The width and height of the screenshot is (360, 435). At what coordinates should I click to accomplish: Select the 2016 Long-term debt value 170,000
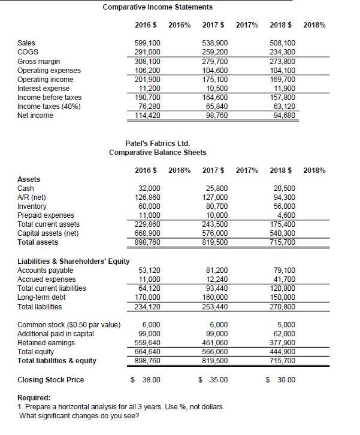147,297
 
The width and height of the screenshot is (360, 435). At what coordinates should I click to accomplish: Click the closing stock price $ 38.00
146,380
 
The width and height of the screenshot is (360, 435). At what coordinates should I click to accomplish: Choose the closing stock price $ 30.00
280,380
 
